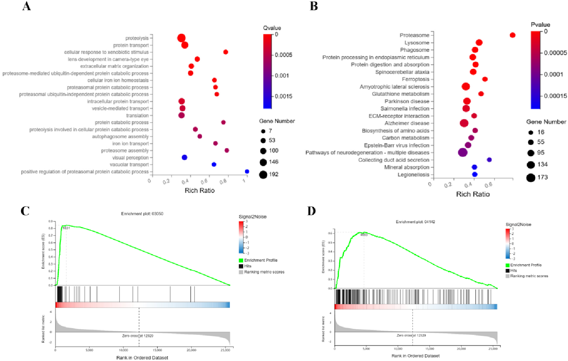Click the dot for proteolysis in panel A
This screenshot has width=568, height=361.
pyautogui.click(x=181, y=38)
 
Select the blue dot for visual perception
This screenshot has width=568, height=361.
pyautogui.click(x=184, y=157)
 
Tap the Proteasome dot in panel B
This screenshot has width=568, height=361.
pyautogui.click(x=513, y=35)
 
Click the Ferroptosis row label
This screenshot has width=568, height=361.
pyautogui.click(x=415, y=79)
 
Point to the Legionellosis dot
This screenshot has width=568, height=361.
pyautogui.click(x=475, y=174)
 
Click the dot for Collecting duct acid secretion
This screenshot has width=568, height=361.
pyautogui.click(x=489, y=160)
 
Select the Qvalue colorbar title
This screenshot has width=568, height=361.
pyautogui.click(x=272, y=28)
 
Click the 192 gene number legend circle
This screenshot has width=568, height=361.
pyautogui.click(x=263, y=174)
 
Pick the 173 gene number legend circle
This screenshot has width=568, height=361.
pyautogui.click(x=530, y=177)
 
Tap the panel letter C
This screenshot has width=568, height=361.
pyautogui.click(x=25, y=211)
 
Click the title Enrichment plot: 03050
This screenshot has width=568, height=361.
pyautogui.click(x=142, y=214)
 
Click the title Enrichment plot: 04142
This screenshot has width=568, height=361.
pyautogui.click(x=415, y=222)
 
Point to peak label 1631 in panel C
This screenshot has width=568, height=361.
pyautogui.click(x=66, y=228)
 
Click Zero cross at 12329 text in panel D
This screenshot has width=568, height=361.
pyautogui.click(x=411, y=335)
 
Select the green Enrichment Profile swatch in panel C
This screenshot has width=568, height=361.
pyautogui.click(x=241, y=260)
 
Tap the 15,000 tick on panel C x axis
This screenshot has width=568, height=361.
pyautogui.click(x=157, y=350)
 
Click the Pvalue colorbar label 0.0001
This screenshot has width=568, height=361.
pyautogui.click(x=554, y=74)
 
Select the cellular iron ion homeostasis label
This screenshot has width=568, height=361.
pyautogui.click(x=118, y=80)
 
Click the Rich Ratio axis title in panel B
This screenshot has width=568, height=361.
pyautogui.click(x=473, y=194)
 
